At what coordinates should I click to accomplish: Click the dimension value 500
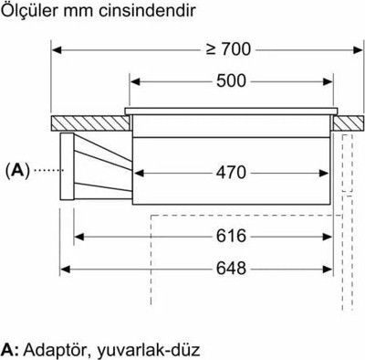(231, 81)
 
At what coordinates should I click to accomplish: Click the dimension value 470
(231, 173)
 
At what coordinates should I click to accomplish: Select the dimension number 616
(231, 236)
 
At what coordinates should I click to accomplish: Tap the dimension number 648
(231, 269)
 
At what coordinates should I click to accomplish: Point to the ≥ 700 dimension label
(228, 49)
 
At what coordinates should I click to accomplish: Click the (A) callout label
(17, 170)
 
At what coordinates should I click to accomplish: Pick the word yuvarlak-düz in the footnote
(149, 350)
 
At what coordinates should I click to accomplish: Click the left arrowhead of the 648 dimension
(65, 269)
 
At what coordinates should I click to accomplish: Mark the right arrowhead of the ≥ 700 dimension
(358, 49)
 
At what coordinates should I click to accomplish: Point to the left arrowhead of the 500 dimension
(135, 81)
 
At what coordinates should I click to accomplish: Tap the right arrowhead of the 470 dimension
(323, 174)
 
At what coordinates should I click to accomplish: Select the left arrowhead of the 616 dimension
(79, 237)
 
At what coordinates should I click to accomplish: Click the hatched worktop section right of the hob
(349, 123)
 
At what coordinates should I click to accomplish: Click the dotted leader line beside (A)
(48, 170)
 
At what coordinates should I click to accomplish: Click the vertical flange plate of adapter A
(67, 166)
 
